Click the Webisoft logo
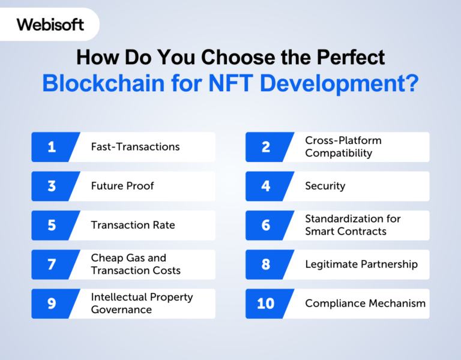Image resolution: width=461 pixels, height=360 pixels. click(x=50, y=25)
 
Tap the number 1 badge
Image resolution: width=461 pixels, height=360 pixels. click(x=52, y=147)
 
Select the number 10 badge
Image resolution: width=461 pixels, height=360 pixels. click(x=265, y=304)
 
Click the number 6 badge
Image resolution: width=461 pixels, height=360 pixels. click(x=266, y=225)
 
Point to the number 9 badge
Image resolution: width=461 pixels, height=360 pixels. click(x=52, y=304)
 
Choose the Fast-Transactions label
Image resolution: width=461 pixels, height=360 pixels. click(x=135, y=147)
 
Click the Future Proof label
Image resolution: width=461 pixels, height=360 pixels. click(x=122, y=186)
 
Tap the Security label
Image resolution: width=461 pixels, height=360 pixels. click(x=325, y=186)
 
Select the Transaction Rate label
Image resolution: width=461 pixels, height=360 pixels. click(x=133, y=225)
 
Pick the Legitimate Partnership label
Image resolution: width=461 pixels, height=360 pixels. click(x=361, y=264)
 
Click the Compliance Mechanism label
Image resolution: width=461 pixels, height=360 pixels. click(x=365, y=304)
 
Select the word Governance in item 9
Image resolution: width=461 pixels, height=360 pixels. click(x=121, y=310)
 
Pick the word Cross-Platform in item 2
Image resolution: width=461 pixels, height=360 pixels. click(x=343, y=140)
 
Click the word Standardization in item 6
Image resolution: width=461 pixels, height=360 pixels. click(x=344, y=219)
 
